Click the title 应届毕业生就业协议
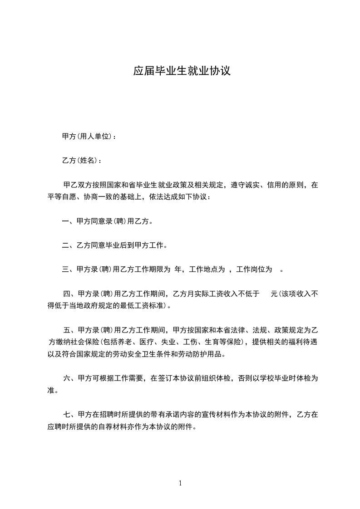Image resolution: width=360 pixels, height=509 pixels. pos(182,71)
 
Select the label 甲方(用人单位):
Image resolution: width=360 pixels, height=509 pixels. pos(89,137)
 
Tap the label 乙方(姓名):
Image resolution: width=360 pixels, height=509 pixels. pos(82,161)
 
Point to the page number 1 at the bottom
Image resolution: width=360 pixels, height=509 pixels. pos(180,483)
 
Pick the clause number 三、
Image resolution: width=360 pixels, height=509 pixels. pos(69,269)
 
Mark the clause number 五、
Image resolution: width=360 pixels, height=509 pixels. pos(70,329)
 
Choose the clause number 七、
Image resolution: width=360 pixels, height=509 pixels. pos(70,414)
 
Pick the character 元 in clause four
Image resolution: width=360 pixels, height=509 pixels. pos(274,294)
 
